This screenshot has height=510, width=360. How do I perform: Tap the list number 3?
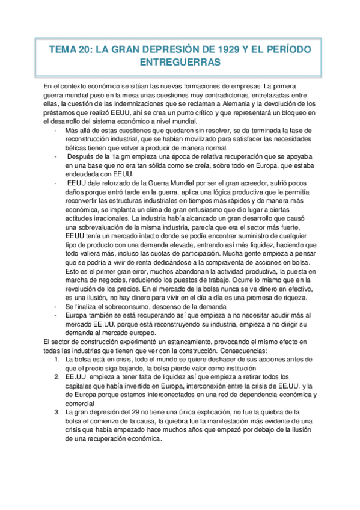pos(56,412)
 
